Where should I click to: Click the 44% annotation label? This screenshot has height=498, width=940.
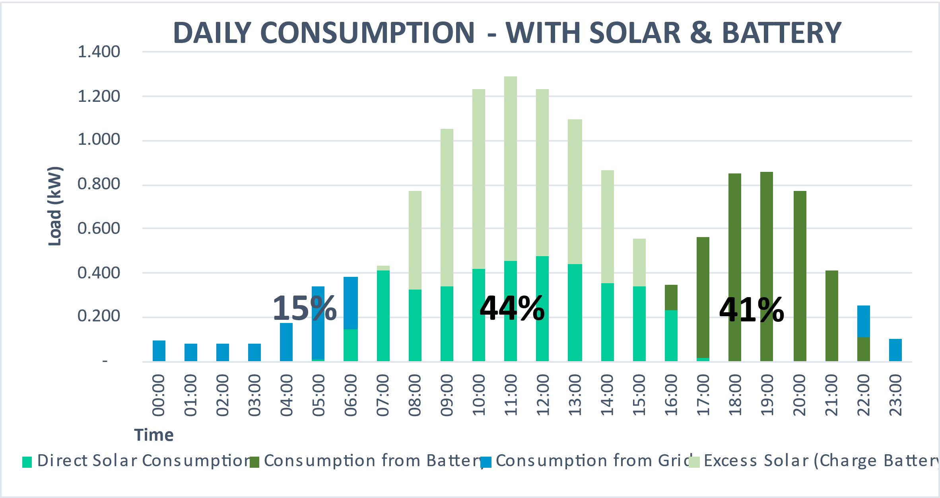512,308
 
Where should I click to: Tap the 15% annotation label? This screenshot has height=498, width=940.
305,308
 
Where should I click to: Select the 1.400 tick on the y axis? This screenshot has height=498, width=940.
99,52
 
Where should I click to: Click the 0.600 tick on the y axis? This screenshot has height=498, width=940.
99,229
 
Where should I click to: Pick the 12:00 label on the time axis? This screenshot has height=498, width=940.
542,395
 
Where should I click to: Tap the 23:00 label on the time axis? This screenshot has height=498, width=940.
895,395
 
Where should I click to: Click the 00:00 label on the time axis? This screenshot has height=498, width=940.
159,395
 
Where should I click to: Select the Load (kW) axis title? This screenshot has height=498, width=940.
55,206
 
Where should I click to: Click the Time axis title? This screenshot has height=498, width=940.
154,435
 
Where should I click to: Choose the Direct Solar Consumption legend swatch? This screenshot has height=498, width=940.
27,462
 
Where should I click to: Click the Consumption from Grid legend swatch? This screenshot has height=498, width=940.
486,462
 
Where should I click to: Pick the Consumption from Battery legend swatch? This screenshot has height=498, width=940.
254,462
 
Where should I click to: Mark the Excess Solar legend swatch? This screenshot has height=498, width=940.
694,462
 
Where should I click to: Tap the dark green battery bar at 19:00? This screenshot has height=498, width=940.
767,267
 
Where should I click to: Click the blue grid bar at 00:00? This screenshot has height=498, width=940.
159,351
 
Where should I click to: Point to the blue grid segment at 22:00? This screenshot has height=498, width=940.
864,321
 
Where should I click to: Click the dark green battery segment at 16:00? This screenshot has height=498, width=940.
671,298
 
